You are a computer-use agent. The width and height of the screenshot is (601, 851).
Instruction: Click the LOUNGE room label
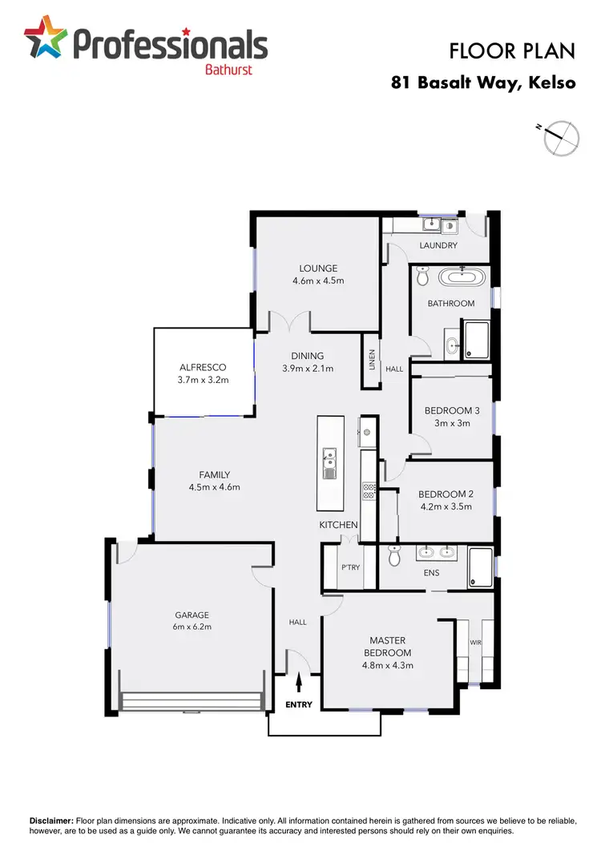(x=318, y=268)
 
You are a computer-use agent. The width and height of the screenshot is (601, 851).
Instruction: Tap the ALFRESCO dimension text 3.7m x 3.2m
(x=204, y=380)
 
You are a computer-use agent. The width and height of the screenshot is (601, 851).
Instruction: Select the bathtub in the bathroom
(x=461, y=279)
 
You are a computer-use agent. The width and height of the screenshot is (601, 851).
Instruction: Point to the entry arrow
(x=300, y=682)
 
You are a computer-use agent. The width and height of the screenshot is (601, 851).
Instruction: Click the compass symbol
(x=560, y=137)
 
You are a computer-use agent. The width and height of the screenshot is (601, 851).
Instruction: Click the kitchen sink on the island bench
(x=329, y=463)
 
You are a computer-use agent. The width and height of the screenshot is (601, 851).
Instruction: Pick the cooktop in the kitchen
(x=369, y=490)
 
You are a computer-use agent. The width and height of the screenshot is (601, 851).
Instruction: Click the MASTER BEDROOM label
(x=387, y=646)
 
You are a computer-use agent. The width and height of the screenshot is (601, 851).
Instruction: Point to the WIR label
(x=475, y=643)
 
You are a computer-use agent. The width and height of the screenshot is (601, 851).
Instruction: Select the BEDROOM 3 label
(x=452, y=411)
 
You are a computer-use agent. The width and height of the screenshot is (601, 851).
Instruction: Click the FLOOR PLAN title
(x=512, y=51)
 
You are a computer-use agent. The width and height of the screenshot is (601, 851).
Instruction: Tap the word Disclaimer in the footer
(x=51, y=821)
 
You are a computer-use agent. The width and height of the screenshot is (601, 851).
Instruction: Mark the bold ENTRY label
(x=298, y=705)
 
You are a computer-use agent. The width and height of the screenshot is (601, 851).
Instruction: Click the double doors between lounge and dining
(x=288, y=322)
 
